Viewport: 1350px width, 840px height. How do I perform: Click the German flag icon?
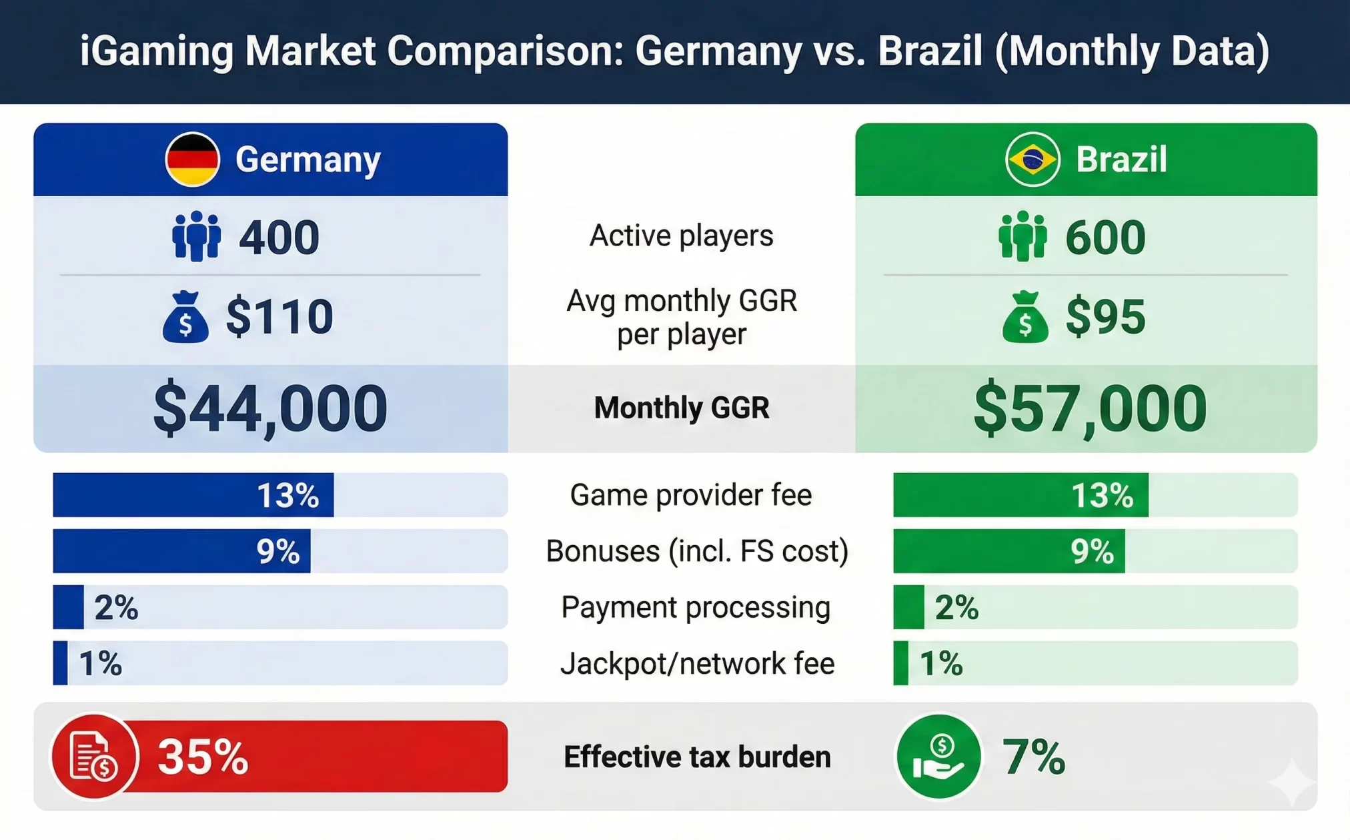tap(192, 159)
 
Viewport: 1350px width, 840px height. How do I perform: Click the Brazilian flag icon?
tap(1033, 159)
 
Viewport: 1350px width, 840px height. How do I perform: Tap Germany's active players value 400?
tap(279, 237)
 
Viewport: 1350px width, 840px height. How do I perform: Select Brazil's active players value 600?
tap(1105, 237)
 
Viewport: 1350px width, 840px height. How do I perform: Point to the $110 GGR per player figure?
tap(279, 316)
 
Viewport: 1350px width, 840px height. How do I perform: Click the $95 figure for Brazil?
tap(1105, 316)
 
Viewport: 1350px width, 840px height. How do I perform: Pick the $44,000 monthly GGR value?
tap(270, 408)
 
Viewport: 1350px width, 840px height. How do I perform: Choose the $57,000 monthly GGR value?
tap(1090, 408)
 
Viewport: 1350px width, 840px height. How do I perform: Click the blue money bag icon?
tap(185, 317)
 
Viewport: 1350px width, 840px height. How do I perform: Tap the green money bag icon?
tap(1025, 317)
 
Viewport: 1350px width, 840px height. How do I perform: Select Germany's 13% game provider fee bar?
tap(193, 495)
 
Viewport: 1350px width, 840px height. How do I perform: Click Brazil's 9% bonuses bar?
tap(1009, 551)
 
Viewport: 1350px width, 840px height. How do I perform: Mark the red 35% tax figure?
tap(203, 757)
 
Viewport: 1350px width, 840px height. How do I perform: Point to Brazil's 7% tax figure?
tap(1034, 757)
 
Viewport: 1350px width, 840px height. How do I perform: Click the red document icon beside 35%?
tap(95, 757)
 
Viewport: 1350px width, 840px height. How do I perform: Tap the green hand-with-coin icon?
tap(938, 757)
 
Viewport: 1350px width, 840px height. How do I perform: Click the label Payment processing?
tap(696, 608)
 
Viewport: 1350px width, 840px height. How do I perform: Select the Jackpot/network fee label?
tap(698, 664)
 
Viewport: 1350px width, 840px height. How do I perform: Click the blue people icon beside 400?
tap(196, 236)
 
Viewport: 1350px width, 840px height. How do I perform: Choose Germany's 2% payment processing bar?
tap(69, 607)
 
